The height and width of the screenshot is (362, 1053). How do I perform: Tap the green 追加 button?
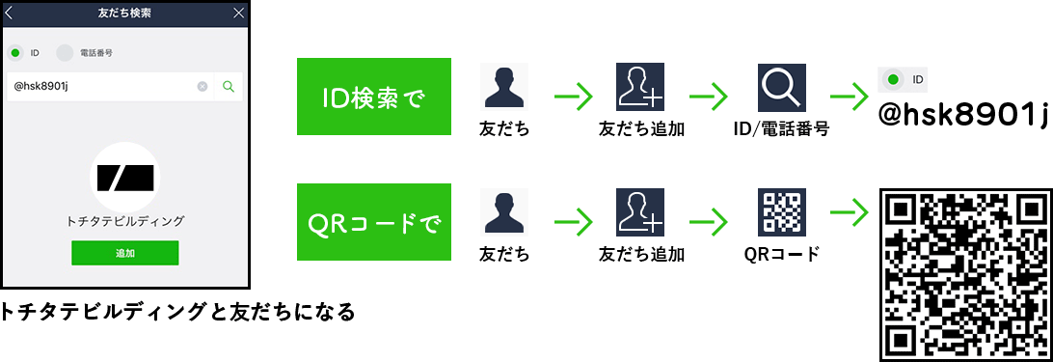click(x=124, y=252)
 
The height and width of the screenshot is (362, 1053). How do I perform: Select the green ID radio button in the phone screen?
click(x=15, y=53)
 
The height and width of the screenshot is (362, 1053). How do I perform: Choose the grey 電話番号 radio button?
click(x=65, y=53)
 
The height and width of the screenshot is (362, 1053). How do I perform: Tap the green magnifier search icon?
click(x=229, y=87)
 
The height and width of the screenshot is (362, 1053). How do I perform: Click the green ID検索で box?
click(x=374, y=97)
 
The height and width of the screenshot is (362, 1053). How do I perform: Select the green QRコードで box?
click(x=374, y=223)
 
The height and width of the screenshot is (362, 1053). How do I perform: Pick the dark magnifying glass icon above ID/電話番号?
click(x=781, y=88)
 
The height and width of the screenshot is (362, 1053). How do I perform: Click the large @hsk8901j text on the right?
click(x=962, y=116)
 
